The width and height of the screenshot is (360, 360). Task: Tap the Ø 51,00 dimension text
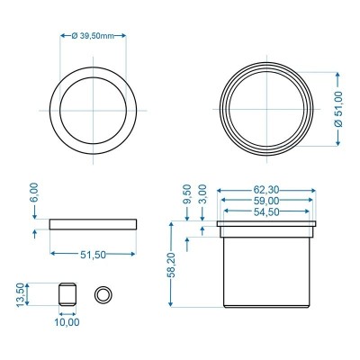[338, 108]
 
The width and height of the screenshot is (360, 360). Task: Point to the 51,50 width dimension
[94, 256]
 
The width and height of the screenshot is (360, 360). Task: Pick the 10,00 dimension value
[67, 320]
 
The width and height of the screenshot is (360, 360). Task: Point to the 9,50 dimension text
[186, 195]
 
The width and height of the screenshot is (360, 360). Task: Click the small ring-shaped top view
[104, 293]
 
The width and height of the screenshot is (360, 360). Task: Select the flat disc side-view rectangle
[94, 223]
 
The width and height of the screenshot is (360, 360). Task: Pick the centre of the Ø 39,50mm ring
[94, 108]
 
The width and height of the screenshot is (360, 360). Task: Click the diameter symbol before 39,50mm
[73, 36]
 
